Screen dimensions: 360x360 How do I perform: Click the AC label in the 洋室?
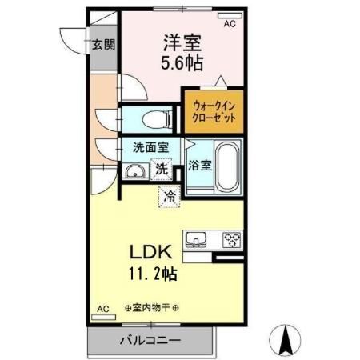click(x=229, y=25)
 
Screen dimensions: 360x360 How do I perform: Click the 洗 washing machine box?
click(x=162, y=169)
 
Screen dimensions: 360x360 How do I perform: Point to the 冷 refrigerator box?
click(x=169, y=195)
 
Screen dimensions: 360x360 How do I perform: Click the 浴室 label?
click(x=200, y=166)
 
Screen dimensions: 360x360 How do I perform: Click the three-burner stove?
click(x=232, y=239)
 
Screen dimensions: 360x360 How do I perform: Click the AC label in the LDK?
click(x=103, y=308)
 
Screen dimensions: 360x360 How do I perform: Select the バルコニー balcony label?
click(x=151, y=341)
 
